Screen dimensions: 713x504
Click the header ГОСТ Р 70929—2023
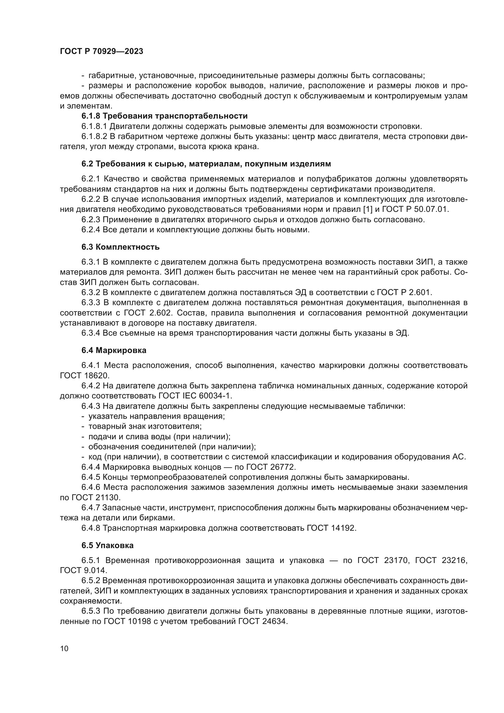(101, 51)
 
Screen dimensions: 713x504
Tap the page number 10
(64, 648)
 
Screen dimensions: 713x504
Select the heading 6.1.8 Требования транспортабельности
(165, 116)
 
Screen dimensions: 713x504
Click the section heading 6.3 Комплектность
(120, 247)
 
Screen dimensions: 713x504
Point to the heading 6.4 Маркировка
(114, 351)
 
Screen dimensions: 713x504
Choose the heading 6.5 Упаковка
(108, 546)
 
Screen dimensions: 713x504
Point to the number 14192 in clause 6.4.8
(343, 528)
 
